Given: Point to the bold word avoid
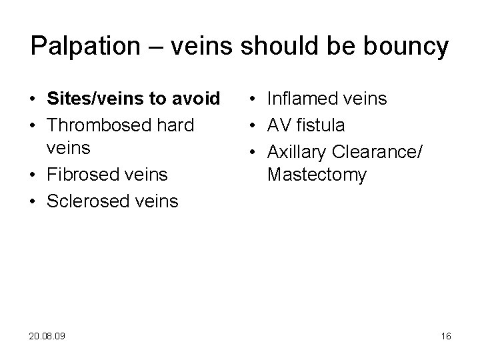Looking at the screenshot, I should [198, 99].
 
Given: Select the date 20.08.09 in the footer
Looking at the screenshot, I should [48, 337].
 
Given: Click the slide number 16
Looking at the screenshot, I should [446, 337].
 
